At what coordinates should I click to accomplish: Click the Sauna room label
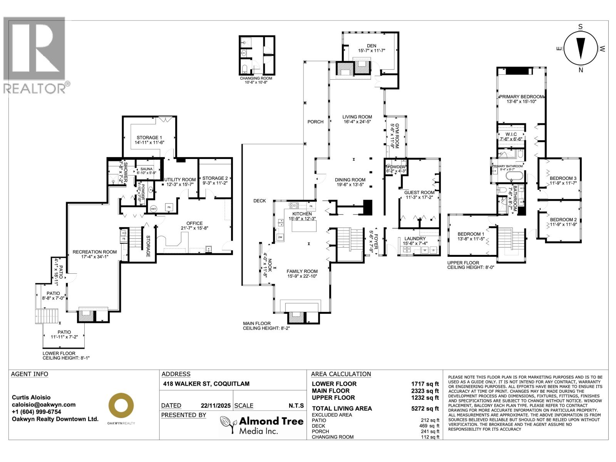point(146,169)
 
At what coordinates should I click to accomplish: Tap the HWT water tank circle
point(154,208)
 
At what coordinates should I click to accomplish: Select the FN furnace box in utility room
point(169,208)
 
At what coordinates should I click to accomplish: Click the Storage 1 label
point(149,137)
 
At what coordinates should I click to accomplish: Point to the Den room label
point(371,46)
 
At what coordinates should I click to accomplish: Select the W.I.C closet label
point(511,134)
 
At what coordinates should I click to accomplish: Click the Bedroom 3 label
point(563,178)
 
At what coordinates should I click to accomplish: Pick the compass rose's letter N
point(581,70)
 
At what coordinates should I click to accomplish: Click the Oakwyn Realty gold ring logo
point(121,405)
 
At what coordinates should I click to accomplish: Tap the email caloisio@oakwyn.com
point(44,405)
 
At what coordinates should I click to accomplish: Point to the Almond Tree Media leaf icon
point(228,425)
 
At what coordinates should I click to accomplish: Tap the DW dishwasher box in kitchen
point(280,237)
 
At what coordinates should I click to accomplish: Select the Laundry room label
point(415,239)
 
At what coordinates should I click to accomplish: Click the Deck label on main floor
point(259,201)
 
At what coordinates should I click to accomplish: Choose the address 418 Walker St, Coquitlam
point(206,384)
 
